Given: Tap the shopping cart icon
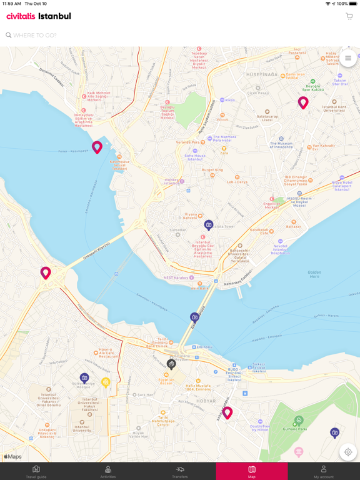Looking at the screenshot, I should [349, 16].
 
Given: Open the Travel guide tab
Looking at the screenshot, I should [36, 471].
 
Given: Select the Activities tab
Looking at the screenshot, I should [108, 471].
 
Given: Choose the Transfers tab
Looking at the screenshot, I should [180, 471].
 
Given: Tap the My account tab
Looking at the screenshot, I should [324, 471].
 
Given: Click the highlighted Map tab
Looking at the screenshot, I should [252, 471].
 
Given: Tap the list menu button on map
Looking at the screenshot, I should [348, 58].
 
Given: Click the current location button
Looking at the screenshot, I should [348, 452].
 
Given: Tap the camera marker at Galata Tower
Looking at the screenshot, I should [209, 225].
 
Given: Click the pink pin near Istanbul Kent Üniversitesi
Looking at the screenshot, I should [303, 102].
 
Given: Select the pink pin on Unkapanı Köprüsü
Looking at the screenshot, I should [46, 272].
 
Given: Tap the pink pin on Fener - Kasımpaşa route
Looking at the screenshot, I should [97, 147].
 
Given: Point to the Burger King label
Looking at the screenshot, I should [212, 170].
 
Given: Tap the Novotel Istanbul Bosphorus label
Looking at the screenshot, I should [281, 249].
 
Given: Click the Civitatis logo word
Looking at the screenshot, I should [21, 16].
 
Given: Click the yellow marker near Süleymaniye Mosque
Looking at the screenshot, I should [106, 382].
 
